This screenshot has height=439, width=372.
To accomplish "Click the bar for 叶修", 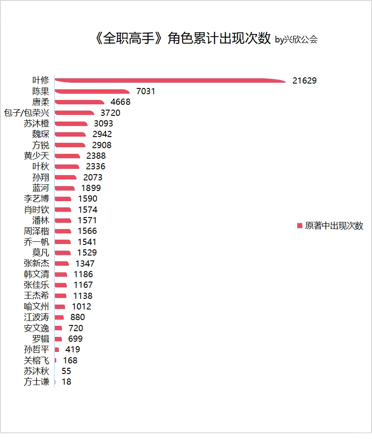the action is point(170,80).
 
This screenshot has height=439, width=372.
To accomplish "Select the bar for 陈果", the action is point(92,91).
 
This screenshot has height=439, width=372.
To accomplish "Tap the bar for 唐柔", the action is point(80,102).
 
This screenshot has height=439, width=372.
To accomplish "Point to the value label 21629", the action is point(304,80).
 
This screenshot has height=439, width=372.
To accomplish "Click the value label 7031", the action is point(146,91).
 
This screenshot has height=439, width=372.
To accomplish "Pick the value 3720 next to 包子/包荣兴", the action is point(111,113).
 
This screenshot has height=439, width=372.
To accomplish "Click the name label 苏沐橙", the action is point(36,123).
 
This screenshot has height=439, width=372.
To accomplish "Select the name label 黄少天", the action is point(36,156).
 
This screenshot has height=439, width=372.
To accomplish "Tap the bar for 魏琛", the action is point(70,134).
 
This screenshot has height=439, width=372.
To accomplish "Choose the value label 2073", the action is point(93,177).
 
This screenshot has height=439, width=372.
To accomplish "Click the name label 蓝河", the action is point(41,188).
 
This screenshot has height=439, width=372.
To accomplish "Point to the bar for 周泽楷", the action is point(63,231).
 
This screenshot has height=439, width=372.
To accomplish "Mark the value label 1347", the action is point(85,263).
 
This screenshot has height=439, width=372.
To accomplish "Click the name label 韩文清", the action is point(36,274).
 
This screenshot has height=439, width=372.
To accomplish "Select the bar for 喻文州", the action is point(60,306).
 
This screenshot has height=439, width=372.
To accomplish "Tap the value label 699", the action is point(75,339).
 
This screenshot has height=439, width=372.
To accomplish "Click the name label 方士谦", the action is point(36,382).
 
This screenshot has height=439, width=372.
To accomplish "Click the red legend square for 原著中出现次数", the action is point(300,225).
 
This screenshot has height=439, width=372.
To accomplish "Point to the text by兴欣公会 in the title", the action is point(296,40).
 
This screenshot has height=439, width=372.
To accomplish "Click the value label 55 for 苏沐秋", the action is point(66,371).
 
